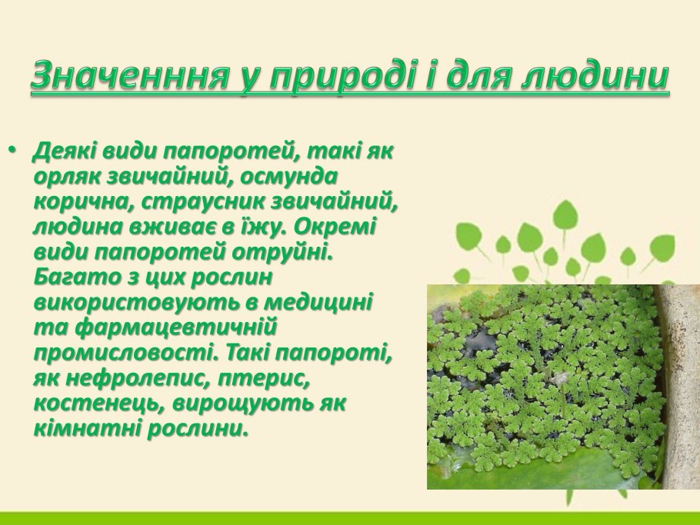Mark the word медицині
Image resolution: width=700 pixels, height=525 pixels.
[x=315, y=302]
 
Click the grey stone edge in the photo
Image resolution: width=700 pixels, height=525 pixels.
[x=682, y=384]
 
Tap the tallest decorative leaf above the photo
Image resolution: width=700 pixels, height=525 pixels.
[x=565, y=214]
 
